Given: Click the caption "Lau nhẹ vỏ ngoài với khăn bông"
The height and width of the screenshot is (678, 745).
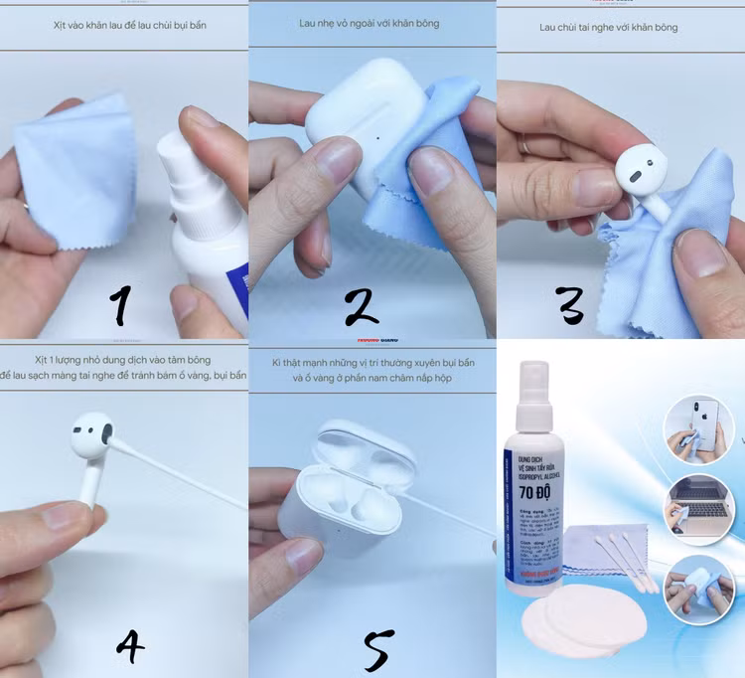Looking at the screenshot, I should pos(369,22).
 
